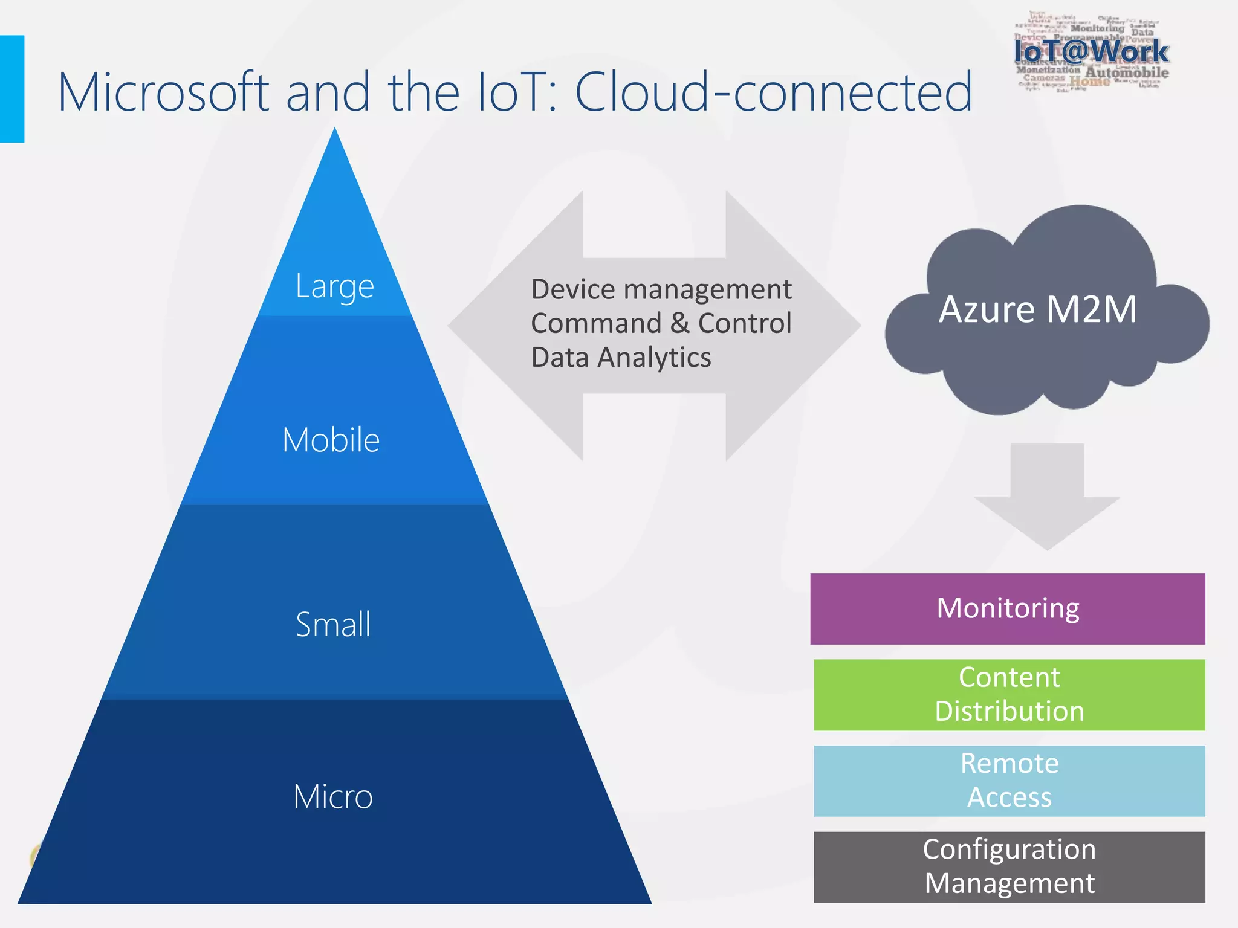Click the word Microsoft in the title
coord(163,92)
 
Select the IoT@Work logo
coord(1091,52)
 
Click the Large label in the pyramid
coord(334,286)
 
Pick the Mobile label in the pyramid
coord(331,440)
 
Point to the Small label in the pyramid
coord(333,624)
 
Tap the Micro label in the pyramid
coord(333,796)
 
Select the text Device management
coord(661,289)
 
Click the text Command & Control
coord(661,323)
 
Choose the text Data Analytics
coord(621,358)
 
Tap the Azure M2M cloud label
coord(1037,309)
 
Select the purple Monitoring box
coord(1007,608)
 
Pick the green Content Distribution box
coord(1009,695)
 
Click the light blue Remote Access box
coord(1009,781)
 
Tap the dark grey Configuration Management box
coord(1009,867)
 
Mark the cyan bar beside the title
coord(11,89)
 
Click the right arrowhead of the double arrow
coord(804,325)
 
